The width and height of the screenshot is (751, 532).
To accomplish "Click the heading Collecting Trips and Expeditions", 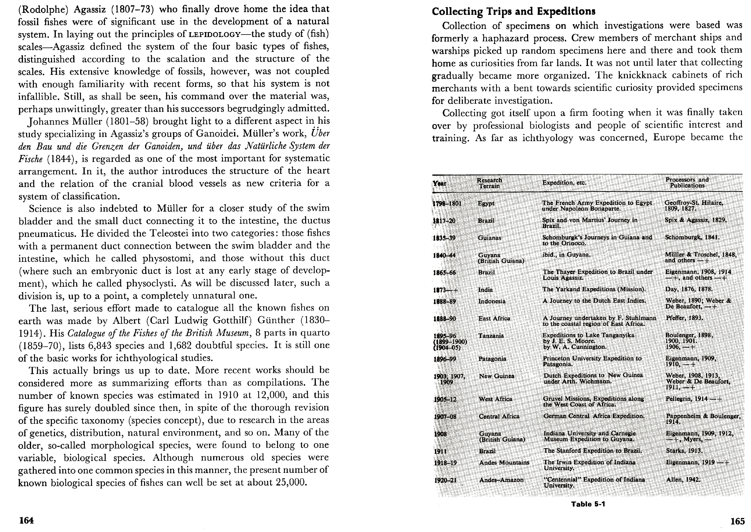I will click(x=513, y=11).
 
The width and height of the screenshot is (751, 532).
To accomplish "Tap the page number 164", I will click(x=27, y=520).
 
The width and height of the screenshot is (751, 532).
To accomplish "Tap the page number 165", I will click(x=737, y=521).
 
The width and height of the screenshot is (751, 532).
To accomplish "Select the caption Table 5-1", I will click(x=588, y=504).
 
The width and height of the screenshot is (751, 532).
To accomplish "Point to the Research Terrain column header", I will click(x=489, y=183).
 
